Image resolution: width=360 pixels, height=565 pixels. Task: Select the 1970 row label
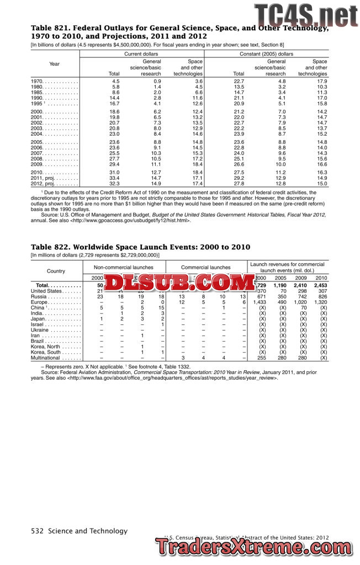coord(38,81)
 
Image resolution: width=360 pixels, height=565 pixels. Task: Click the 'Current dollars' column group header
coord(142,54)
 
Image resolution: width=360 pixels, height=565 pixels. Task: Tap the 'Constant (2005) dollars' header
coord(266,54)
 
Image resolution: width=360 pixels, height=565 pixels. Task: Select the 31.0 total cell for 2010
coord(114,173)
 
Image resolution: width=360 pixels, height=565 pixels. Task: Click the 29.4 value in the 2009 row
coord(114,164)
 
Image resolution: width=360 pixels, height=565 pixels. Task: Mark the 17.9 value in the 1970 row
coord(321,81)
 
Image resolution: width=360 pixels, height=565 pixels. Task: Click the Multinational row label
coord(47,358)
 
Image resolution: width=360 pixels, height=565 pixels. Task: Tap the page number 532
coord(38,531)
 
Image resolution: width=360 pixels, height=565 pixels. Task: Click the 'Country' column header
coord(56,271)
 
